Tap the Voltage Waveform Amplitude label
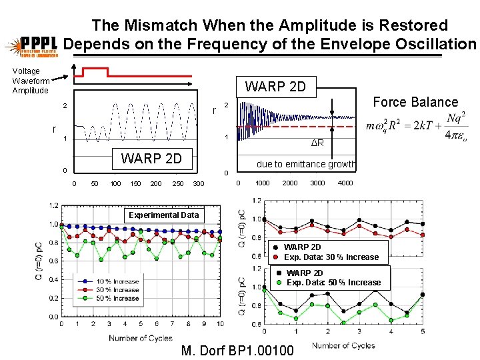coord(30,81)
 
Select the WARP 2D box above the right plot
coord(275,87)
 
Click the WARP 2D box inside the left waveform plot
coord(151,159)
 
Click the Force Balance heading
coord(415,102)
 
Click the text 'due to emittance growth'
coord(306,164)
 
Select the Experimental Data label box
coord(163,215)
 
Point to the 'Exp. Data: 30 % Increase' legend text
coord(331,257)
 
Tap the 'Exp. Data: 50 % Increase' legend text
coord(333,282)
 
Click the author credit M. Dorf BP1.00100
coord(237,349)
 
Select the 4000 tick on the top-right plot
coord(345,183)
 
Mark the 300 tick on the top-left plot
coord(198,183)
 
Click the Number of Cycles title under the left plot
coord(140,338)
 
